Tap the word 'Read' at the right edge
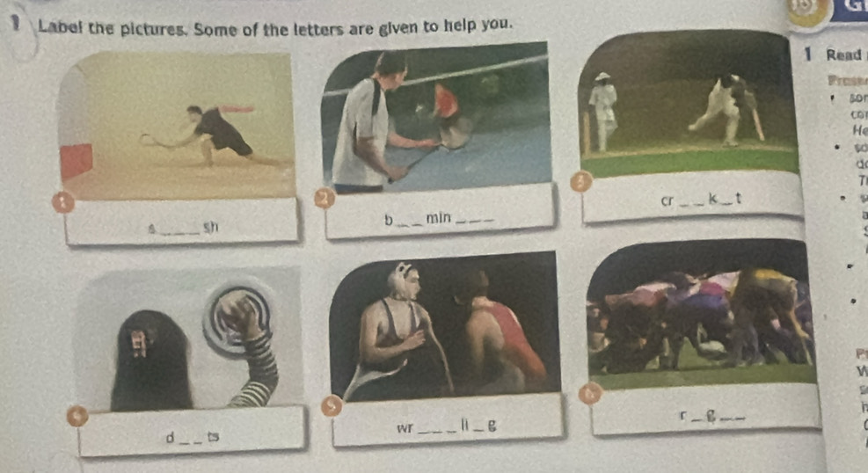click(x=843, y=55)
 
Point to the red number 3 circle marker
click(x=579, y=182)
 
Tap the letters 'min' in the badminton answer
click(x=438, y=216)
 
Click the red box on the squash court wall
click(x=76, y=161)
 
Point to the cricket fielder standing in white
click(x=602, y=110)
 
